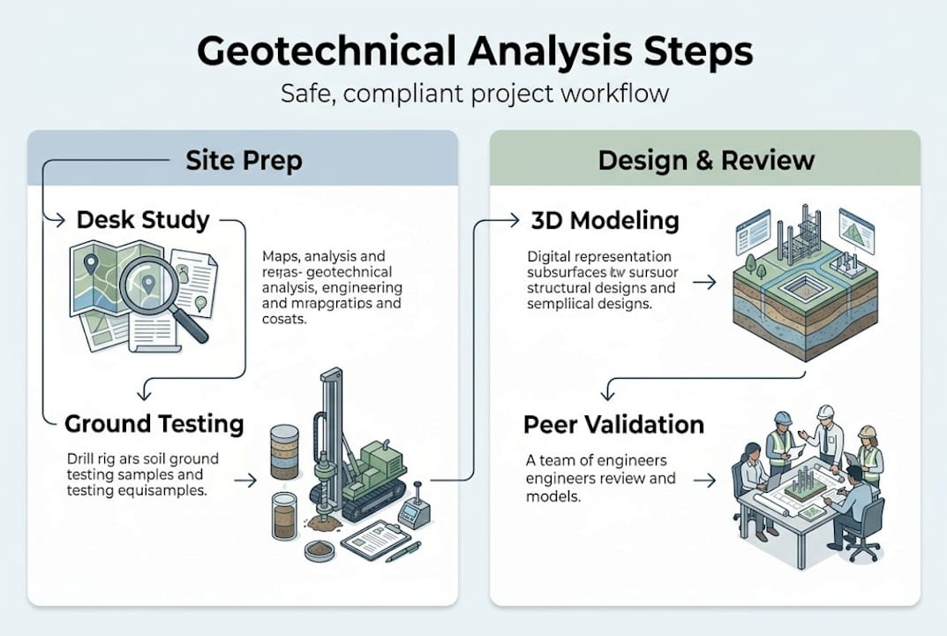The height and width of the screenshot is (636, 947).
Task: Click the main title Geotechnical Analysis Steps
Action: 474,51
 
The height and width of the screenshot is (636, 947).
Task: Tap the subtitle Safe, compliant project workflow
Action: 474,93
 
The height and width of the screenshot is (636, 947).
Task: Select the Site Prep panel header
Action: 243,160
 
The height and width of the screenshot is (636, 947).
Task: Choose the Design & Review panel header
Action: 705,160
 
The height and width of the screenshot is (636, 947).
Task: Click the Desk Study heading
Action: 143,220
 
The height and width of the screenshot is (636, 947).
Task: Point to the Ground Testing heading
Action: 154,423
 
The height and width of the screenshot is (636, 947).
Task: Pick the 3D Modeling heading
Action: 605,220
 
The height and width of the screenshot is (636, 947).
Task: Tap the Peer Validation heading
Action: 613,424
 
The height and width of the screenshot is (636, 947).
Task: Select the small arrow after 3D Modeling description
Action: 704,284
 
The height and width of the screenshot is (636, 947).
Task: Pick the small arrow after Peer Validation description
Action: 704,481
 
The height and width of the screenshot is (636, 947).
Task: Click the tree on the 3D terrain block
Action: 749,263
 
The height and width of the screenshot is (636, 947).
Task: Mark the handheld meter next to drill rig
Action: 412,512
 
